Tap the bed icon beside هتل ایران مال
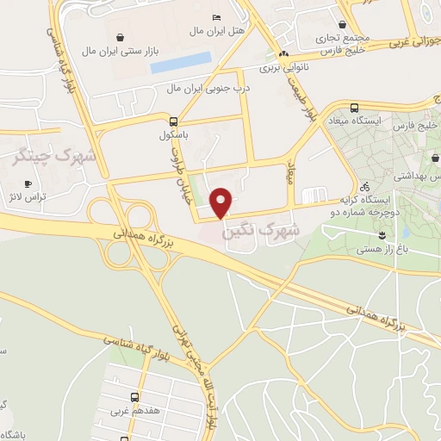click(216, 18)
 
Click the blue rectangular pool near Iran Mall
click(181, 61)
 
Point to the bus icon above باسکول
click(173, 121)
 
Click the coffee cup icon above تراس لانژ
click(28, 183)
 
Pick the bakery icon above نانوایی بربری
click(283, 53)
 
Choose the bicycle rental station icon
click(365, 185)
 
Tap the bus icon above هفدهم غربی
click(134, 397)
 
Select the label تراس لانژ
click(30, 196)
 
